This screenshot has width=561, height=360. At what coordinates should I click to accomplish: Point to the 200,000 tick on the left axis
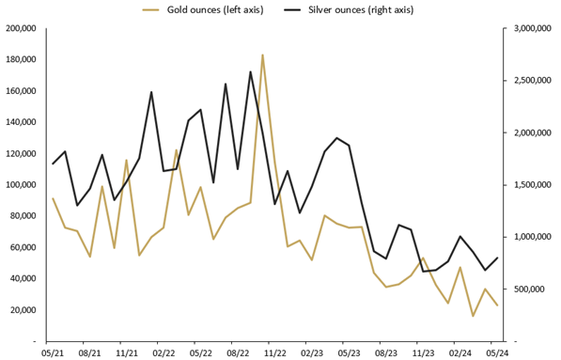tap(21, 28)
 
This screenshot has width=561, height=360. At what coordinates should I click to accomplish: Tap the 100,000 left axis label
tap(21, 185)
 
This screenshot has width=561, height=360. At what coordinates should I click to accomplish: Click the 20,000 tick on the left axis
tap(23, 310)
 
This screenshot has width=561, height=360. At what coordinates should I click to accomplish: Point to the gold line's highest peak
tap(262, 55)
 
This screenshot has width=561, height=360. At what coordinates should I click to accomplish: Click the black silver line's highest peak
tap(250, 71)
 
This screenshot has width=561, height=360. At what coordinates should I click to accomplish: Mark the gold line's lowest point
tap(473, 316)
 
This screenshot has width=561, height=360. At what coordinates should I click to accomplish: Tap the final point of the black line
tap(497, 258)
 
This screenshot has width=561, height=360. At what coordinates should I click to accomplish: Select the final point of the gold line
tap(497, 305)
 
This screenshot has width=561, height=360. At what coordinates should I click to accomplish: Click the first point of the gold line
tap(53, 198)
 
